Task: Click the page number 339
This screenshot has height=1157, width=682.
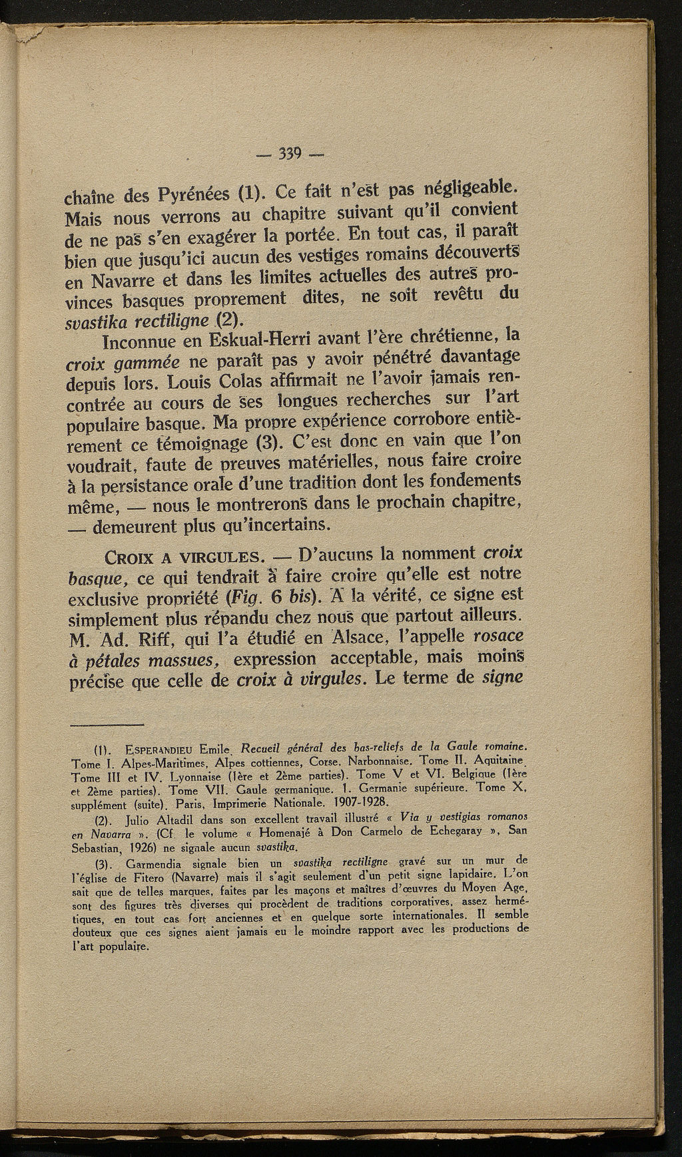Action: [x=291, y=154]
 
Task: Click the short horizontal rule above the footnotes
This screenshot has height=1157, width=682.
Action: [x=107, y=725]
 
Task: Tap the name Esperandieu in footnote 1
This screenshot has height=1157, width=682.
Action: [x=146, y=748]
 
